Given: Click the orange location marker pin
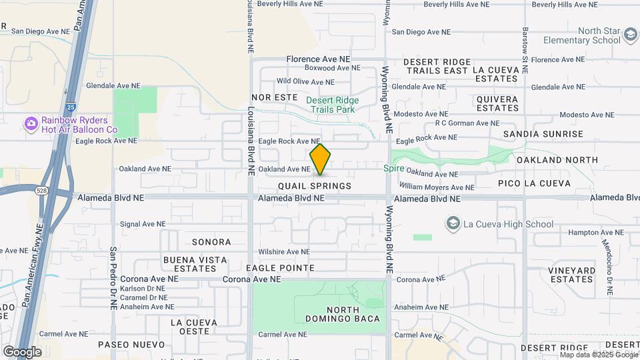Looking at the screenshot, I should point(321,159).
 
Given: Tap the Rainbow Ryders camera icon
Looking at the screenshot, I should point(31,123).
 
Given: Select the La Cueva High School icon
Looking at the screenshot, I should point(453,223).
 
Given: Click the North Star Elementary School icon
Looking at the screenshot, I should point(630,34).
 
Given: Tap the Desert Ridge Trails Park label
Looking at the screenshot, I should point(332,105).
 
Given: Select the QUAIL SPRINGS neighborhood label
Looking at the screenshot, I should point(315,186).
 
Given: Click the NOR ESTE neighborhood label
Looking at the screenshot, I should point(274,97).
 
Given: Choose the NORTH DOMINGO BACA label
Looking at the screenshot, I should point(353,314).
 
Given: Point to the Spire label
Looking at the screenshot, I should point(393,169).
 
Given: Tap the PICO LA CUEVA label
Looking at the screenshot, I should point(534,183).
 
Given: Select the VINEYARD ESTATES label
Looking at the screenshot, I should point(572,275).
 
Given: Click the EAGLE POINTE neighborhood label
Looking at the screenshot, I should point(280,268).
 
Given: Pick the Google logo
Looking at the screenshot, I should point(22,351).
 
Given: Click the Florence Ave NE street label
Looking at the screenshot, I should point(318,59).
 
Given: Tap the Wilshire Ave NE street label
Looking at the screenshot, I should point(285,252).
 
